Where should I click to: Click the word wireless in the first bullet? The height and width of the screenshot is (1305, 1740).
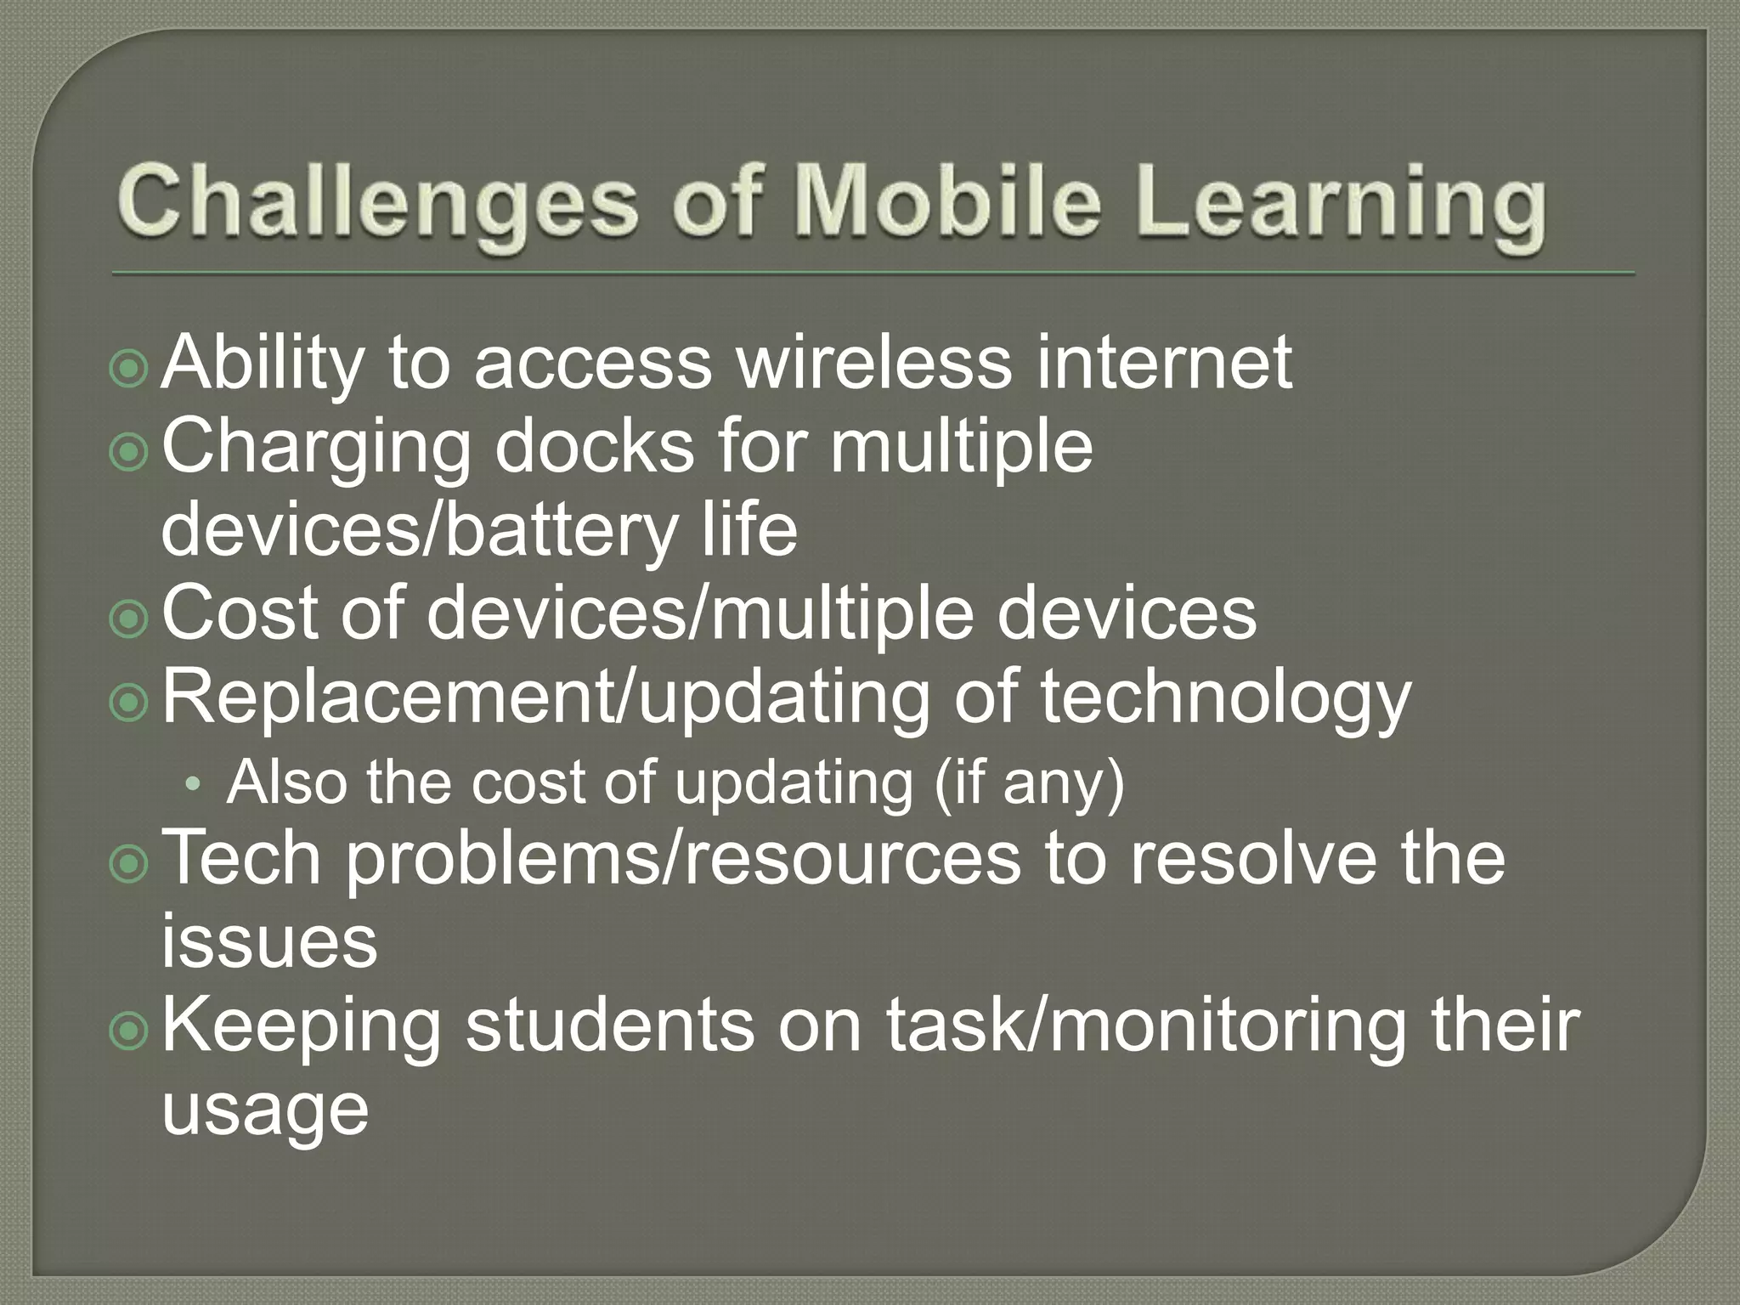[x=874, y=363]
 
